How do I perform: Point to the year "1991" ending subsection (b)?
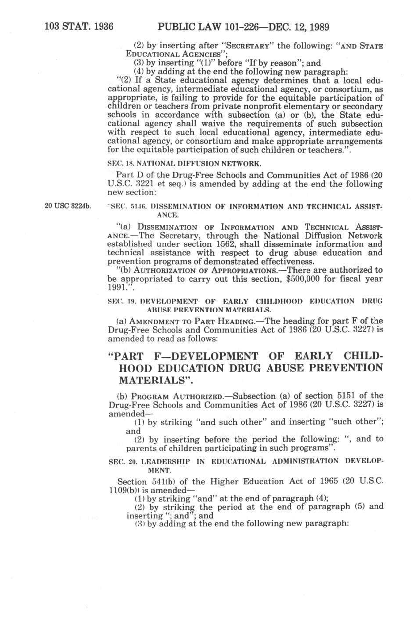[x=117, y=287]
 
